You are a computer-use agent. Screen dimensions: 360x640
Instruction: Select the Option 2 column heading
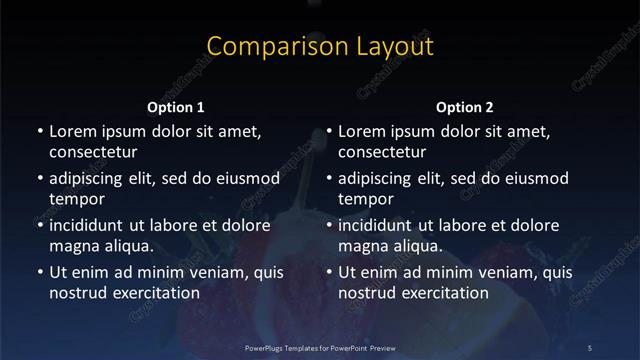(465, 107)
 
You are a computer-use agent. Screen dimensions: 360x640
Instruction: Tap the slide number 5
(590, 347)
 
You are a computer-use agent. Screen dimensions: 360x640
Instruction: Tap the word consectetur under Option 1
(93, 152)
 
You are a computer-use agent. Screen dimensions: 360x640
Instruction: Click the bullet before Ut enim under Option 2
(329, 272)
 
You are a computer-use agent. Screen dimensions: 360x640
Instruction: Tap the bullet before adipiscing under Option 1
(39, 178)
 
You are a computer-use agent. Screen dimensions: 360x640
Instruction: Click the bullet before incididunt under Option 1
(39, 225)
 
